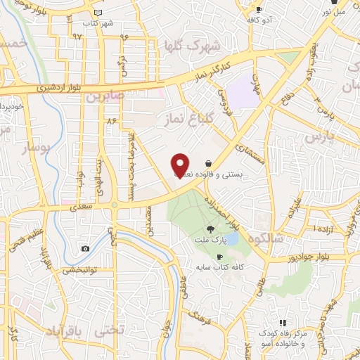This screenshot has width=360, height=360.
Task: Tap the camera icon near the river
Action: [x=86, y=248]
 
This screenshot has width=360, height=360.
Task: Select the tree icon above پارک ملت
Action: [x=210, y=229]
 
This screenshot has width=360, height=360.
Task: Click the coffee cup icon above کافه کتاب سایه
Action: [x=219, y=257]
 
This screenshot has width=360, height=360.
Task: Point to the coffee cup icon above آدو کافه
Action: [x=259, y=10]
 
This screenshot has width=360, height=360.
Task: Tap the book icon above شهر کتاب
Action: [x=97, y=13]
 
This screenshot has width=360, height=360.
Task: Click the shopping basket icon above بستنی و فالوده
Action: [x=208, y=162]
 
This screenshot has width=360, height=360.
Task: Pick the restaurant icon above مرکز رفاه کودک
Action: [x=283, y=322]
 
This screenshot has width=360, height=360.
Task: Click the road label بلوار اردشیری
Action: [x=47, y=88]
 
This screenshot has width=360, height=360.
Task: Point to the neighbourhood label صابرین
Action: [x=105, y=95]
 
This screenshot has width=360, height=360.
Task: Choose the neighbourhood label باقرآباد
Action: [x=66, y=330]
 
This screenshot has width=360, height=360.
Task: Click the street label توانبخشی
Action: [x=81, y=270]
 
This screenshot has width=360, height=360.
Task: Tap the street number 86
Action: [x=110, y=120]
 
